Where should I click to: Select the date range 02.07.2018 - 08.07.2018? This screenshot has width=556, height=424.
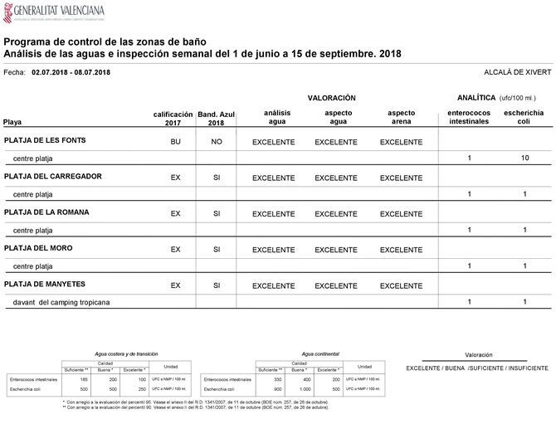(71, 72)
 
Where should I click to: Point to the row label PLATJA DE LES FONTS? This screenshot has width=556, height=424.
(51, 141)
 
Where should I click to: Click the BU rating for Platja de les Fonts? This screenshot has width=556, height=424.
(175, 142)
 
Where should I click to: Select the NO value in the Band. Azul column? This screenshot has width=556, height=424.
(217, 142)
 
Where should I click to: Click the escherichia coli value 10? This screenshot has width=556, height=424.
(524, 158)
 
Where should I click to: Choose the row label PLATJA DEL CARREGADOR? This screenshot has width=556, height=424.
(53, 177)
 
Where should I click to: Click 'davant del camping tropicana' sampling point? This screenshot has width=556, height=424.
(61, 302)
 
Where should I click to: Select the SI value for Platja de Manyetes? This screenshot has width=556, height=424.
(217, 285)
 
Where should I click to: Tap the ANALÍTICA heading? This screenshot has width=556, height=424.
(476, 98)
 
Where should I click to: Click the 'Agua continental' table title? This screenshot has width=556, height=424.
(319, 353)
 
